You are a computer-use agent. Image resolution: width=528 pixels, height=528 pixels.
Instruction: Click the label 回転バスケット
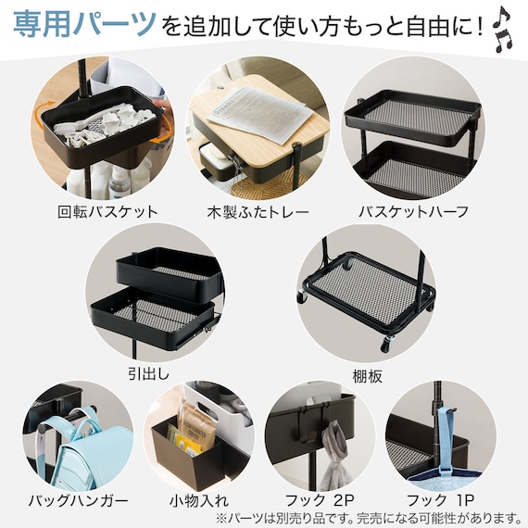(107, 212)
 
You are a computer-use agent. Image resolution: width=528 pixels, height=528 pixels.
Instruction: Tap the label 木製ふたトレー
(258, 212)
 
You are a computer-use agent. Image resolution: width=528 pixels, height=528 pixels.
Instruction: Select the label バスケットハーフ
(413, 212)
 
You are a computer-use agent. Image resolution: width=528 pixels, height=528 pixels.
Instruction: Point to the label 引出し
(148, 374)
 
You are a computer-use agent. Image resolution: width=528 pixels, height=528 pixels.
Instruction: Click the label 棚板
(368, 376)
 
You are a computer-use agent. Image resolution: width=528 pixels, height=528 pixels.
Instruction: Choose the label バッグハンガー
(79, 501)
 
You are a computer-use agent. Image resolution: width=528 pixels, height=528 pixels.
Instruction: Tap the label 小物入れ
(199, 501)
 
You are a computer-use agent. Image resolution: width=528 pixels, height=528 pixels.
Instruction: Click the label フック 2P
(320, 501)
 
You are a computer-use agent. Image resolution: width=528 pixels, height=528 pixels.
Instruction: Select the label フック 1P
(440, 501)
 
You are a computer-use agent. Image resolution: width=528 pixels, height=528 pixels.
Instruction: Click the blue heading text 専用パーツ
(84, 24)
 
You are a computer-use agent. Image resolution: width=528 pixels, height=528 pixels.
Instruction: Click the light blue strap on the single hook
(446, 438)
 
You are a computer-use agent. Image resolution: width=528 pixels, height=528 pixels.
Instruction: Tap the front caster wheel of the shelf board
(387, 344)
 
